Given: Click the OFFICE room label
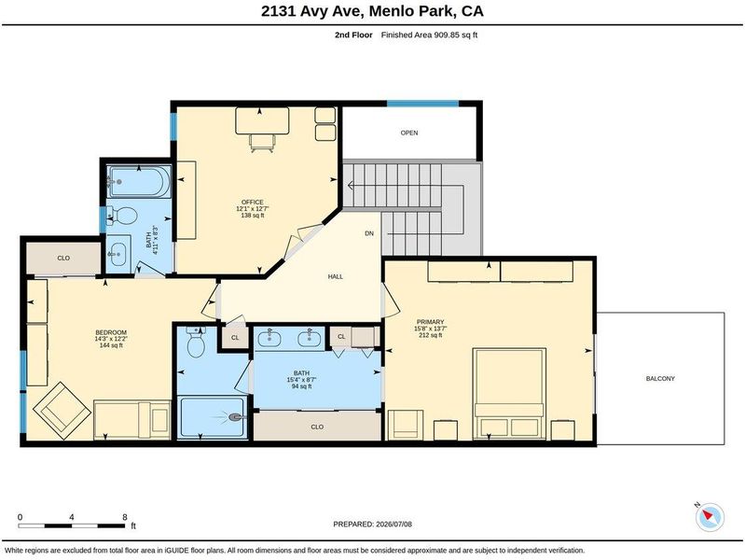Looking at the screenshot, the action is click(x=253, y=203).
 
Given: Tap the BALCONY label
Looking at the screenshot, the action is click(x=660, y=379).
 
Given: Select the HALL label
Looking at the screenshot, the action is click(x=336, y=276).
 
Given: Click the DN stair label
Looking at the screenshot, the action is click(x=369, y=233).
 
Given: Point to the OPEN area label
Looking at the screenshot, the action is click(x=409, y=133).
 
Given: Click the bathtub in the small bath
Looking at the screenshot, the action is click(x=139, y=181).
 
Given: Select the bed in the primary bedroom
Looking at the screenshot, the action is click(x=509, y=393).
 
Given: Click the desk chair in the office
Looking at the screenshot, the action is click(x=262, y=143).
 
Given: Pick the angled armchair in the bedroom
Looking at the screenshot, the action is click(x=62, y=412).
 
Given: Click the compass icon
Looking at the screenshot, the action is click(x=710, y=517).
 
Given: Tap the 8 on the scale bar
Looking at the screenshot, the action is click(x=125, y=517).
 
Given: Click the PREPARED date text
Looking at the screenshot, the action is click(x=373, y=525).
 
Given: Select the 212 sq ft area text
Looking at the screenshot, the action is click(x=431, y=335).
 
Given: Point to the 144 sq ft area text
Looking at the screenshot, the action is click(x=111, y=345).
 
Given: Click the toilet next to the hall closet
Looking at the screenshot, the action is click(x=196, y=343).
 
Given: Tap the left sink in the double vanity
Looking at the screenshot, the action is click(x=269, y=338).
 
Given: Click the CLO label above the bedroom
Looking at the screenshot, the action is click(x=63, y=258).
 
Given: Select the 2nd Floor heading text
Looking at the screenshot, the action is click(x=353, y=35).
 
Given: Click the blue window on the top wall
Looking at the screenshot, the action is click(x=422, y=104).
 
